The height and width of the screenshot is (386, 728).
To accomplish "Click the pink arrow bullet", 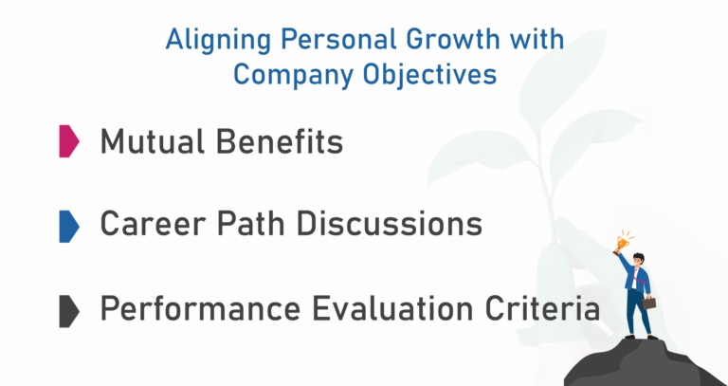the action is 69,140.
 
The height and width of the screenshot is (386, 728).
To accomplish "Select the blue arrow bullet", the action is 69,227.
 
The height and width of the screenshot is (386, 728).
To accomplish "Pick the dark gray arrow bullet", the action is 69,311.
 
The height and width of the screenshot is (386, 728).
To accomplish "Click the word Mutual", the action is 153,141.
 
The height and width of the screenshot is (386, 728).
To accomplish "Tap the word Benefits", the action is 280,141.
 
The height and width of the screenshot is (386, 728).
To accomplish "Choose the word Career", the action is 153,224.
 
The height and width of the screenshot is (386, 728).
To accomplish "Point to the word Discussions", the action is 390,224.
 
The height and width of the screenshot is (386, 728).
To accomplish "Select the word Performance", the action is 201,308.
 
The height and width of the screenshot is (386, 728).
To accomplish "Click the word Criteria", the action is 543,308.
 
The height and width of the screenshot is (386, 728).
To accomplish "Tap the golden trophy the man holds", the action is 622,243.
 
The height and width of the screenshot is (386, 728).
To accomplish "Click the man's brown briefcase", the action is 648,303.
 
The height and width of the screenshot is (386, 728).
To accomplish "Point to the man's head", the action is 638,260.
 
